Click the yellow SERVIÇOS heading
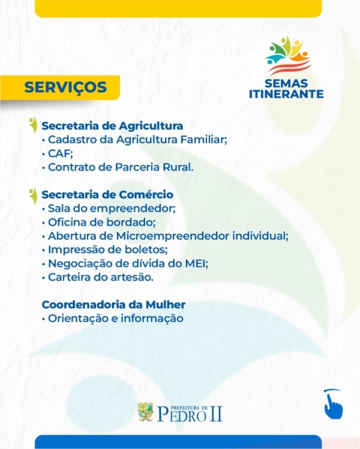[x=65, y=87]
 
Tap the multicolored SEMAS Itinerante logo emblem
[x=288, y=55]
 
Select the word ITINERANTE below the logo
[x=286, y=94]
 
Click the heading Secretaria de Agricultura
[x=112, y=126]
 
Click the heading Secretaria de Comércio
[x=107, y=194]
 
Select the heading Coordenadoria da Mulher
[x=113, y=305]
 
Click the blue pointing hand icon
[x=334, y=404]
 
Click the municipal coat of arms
[x=146, y=412]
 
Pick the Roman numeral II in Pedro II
[x=216, y=414]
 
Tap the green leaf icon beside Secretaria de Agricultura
[x=34, y=125]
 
